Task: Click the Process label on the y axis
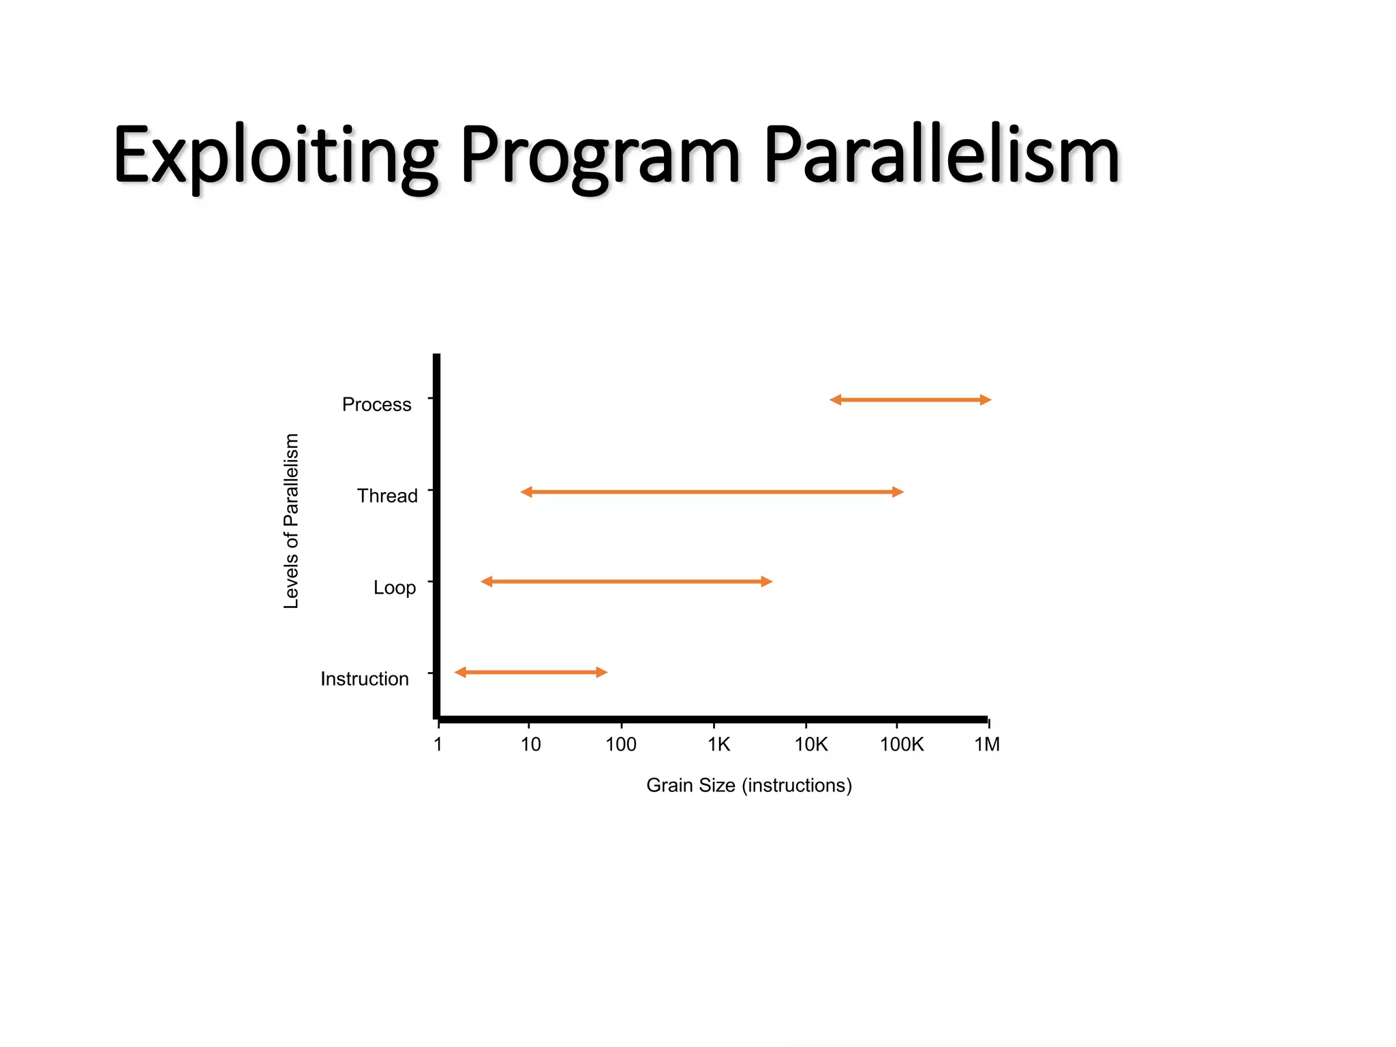(x=376, y=404)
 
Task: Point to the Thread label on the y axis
(x=386, y=496)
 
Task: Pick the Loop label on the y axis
(x=394, y=587)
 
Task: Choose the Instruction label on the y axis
(x=364, y=679)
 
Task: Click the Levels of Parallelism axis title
(x=291, y=521)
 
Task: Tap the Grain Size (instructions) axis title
(x=748, y=785)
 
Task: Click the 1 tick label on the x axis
(x=438, y=744)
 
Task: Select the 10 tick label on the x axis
(x=530, y=744)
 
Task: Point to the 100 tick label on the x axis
(x=621, y=744)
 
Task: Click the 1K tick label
(x=718, y=744)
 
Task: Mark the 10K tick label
(x=810, y=744)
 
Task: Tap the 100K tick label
(x=901, y=744)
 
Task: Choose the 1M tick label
(x=986, y=744)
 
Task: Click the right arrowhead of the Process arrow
(x=986, y=400)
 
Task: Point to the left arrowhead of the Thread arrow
(x=526, y=491)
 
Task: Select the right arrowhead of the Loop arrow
(x=767, y=581)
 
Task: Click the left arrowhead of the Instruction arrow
(x=461, y=672)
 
